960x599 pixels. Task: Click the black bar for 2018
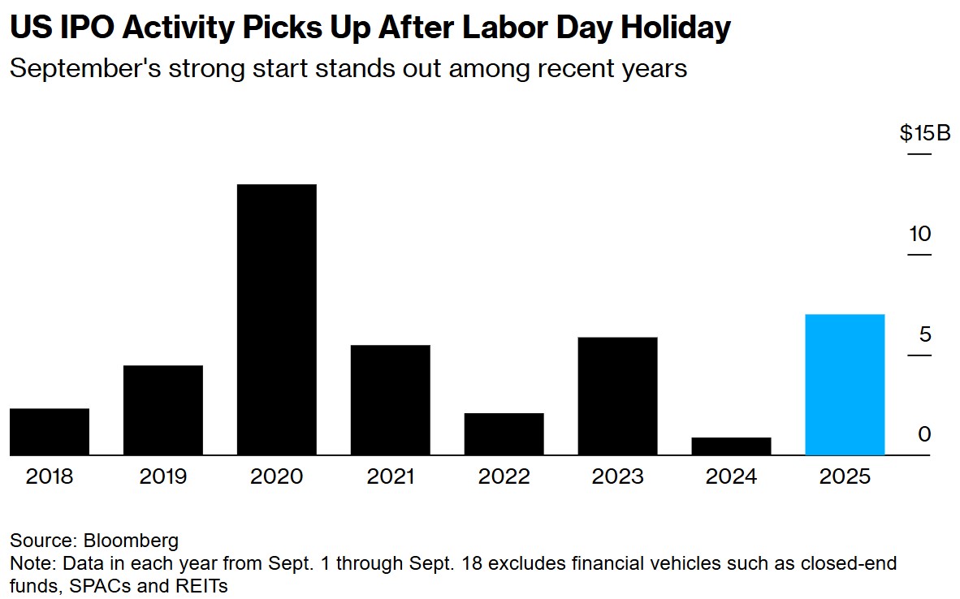click(x=50, y=431)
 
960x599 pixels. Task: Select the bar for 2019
click(x=163, y=410)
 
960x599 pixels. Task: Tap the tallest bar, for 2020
click(x=277, y=320)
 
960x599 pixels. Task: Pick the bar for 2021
click(x=391, y=399)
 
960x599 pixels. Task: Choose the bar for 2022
click(x=504, y=433)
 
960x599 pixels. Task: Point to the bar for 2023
click(x=618, y=395)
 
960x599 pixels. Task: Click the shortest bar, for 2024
click(x=732, y=446)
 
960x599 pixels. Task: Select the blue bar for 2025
click(x=845, y=384)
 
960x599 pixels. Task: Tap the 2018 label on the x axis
click(x=50, y=476)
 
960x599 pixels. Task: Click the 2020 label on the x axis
click(x=277, y=476)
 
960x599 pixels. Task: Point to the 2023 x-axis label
click(x=618, y=476)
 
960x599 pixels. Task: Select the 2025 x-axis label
click(x=845, y=476)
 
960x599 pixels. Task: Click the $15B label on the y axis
click(x=924, y=133)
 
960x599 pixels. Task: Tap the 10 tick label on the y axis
click(x=919, y=235)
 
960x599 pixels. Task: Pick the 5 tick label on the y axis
click(x=924, y=335)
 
